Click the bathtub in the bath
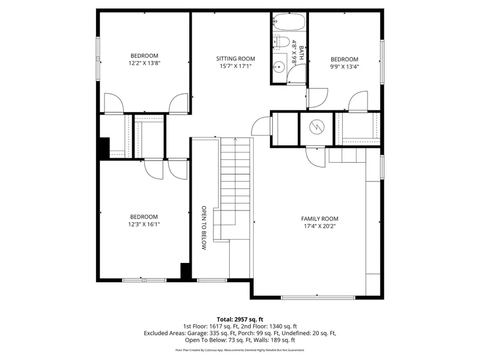click(x=289, y=22)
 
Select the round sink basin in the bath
click(x=279, y=67)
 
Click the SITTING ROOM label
click(x=236, y=59)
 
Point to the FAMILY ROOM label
click(x=319, y=219)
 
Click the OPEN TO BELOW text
click(x=204, y=228)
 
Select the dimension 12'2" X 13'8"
click(x=144, y=63)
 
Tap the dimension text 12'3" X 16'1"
click(x=144, y=224)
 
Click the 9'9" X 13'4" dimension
click(x=344, y=67)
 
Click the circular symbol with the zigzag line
click(x=317, y=127)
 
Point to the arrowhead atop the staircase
click(x=236, y=139)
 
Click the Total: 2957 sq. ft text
click(x=240, y=320)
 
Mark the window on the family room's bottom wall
click(x=318, y=297)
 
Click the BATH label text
click(x=301, y=53)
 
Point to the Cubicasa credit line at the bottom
click(x=240, y=350)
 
